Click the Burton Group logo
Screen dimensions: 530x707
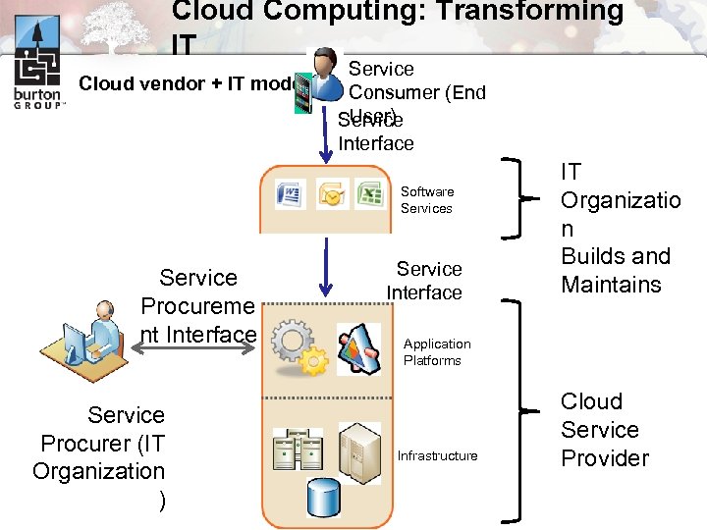click(37, 73)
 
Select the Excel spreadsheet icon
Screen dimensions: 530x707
click(370, 192)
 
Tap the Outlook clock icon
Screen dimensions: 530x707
click(332, 193)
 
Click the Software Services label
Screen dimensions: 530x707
click(426, 200)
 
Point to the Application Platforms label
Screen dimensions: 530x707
click(437, 352)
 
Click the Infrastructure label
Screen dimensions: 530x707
click(437, 455)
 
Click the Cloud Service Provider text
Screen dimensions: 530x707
click(604, 430)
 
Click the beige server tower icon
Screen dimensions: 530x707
click(358, 452)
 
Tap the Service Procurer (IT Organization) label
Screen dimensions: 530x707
click(101, 456)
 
